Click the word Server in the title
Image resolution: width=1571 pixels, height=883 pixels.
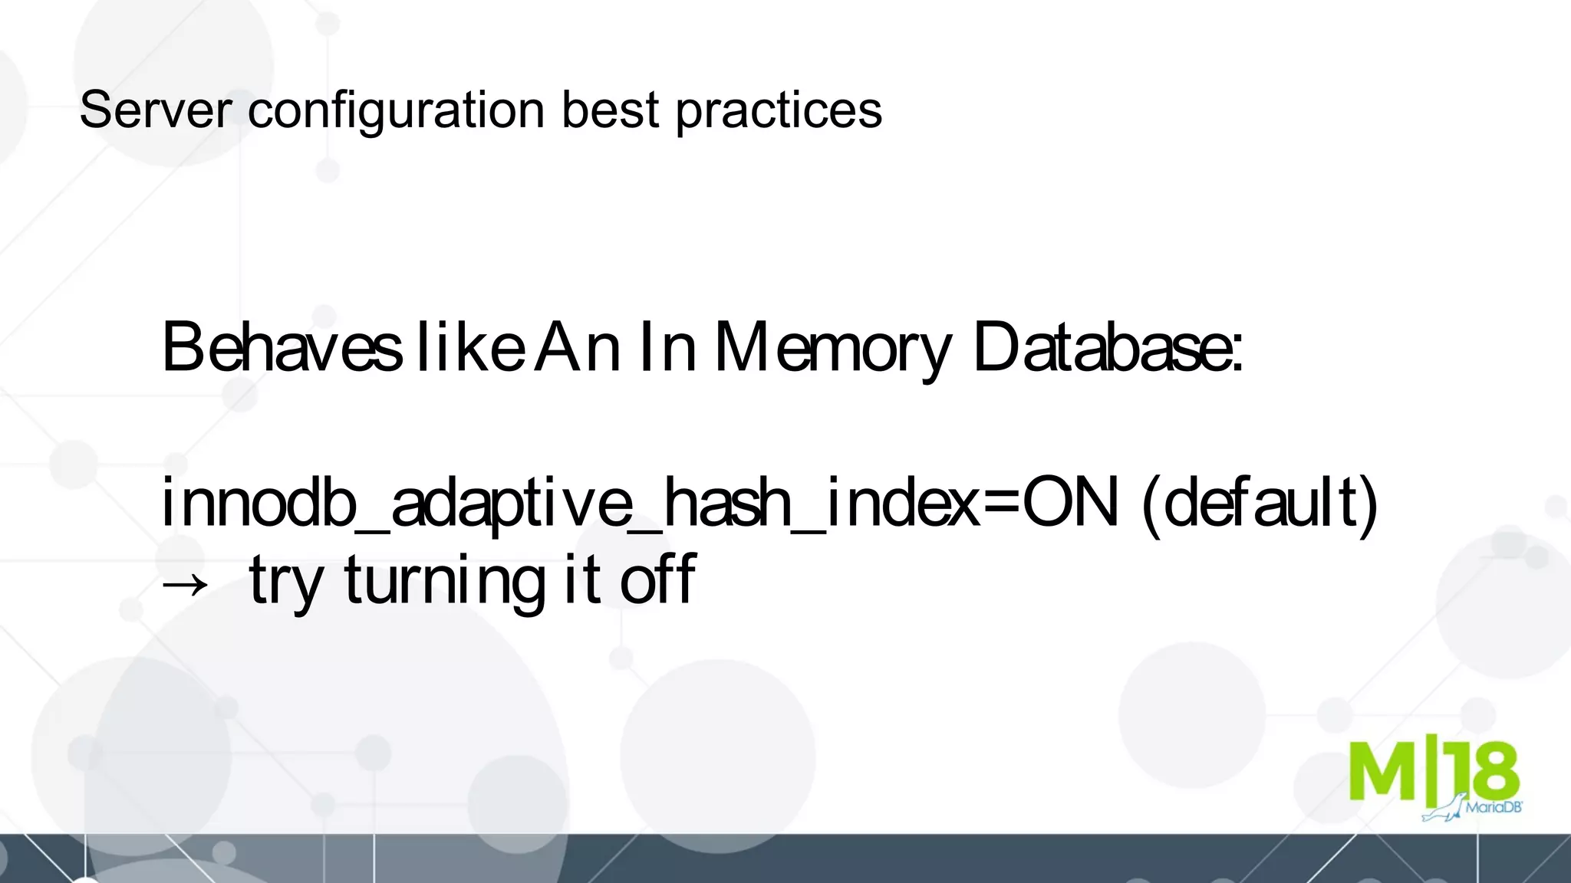pyautogui.click(x=155, y=110)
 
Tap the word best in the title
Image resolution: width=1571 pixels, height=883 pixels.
pyautogui.click(x=611, y=110)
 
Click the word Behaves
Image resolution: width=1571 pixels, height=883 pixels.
pyautogui.click(x=282, y=347)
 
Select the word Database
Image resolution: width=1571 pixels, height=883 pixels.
pyautogui.click(x=1108, y=347)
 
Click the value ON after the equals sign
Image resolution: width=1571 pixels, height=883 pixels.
pyautogui.click(x=1070, y=503)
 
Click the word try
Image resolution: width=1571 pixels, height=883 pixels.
pyautogui.click(x=285, y=583)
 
